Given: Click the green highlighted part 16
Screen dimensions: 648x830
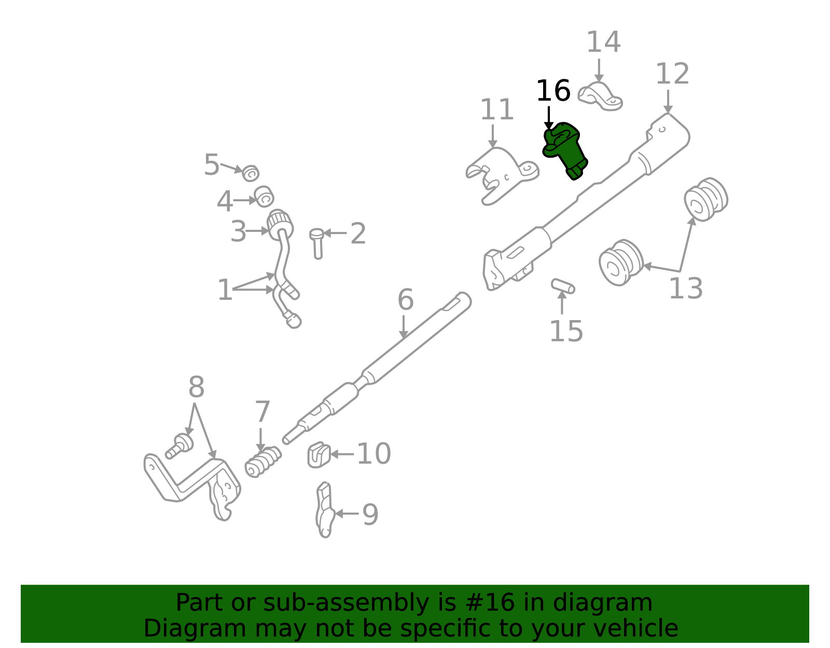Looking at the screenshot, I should [566, 150].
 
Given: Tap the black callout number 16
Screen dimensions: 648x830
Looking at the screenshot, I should [553, 91].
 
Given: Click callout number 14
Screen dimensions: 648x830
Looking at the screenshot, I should [603, 43].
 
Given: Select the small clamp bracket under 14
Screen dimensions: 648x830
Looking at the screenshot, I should [600, 97].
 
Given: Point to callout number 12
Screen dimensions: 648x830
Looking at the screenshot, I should [672, 74].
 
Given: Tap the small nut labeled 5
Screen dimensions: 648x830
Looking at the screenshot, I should [251, 173].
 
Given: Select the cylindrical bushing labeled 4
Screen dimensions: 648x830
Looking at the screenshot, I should [264, 197].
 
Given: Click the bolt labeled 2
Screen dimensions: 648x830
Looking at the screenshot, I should [317, 243].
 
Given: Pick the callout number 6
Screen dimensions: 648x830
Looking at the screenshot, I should [406, 300].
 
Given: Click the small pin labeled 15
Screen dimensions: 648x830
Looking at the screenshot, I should [563, 286].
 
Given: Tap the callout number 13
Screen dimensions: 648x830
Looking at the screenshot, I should [686, 289].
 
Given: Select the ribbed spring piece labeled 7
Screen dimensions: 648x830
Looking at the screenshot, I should [263, 461].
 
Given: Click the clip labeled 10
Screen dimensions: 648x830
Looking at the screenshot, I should [319, 455].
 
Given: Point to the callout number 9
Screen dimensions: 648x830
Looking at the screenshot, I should [370, 515].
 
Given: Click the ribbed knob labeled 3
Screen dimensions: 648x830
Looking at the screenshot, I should [280, 224].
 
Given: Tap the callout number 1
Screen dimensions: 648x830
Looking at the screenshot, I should [225, 290].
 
